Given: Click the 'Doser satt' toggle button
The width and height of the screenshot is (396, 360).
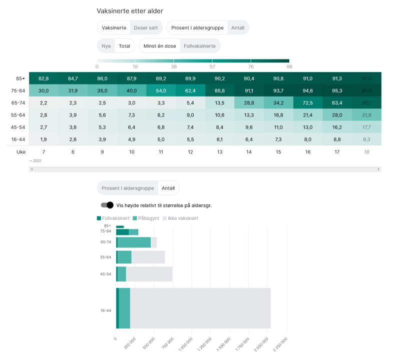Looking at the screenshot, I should coord(146,27).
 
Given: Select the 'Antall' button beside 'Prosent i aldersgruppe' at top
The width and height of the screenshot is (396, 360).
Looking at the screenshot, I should coord(238,27).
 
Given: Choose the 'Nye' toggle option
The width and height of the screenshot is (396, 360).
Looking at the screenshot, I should coord(106,46).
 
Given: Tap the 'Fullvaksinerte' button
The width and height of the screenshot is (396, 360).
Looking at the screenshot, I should coord(200,46).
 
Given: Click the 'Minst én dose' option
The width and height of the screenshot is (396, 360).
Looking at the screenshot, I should coord(160,46).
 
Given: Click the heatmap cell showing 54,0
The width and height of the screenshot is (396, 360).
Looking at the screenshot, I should coord(161,90).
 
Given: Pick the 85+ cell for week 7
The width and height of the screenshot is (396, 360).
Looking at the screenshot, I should coord(44,78).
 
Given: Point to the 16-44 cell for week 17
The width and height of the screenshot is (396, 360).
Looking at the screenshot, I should coord(337,139).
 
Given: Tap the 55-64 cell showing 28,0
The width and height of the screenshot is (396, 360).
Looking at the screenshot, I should coord(337,115).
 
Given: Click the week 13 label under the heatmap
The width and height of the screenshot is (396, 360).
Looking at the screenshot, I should coord(220,151).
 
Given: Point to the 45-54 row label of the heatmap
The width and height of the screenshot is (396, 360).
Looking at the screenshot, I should coord(18,127).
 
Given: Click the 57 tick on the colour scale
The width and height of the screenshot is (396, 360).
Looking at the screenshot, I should coord(212,66).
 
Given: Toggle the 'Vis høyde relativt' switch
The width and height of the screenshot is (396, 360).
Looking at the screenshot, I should coord(107,205).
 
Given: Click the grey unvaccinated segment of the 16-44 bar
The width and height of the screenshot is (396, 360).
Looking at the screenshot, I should coord(200,308).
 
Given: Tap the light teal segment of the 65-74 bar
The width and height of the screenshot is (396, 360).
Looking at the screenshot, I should coord(134,242).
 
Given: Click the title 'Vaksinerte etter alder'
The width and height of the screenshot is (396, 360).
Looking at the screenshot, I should coord(130,11).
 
